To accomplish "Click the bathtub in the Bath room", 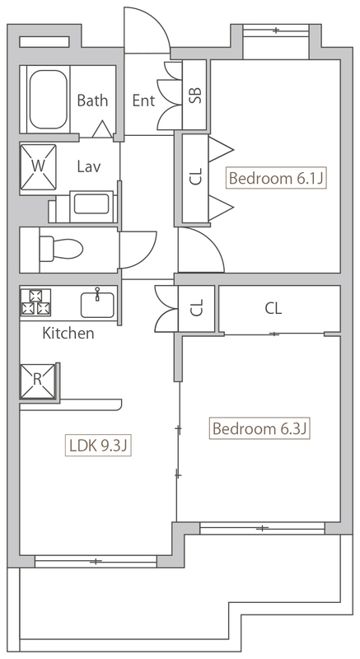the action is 49,100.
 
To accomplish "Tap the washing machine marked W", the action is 38,167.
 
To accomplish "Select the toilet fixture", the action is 60,249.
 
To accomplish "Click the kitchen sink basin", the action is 97,304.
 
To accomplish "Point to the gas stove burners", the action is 35,301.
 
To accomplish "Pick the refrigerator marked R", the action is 37,381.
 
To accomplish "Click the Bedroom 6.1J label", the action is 276,179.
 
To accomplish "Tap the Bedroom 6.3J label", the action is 259,428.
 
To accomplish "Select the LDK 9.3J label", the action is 98,445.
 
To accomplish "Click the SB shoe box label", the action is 196,95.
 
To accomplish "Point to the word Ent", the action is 143,100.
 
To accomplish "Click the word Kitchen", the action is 68,334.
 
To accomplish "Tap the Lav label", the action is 89,167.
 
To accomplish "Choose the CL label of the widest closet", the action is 273,309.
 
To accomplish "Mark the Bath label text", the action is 92,100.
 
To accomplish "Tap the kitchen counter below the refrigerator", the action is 71,404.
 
